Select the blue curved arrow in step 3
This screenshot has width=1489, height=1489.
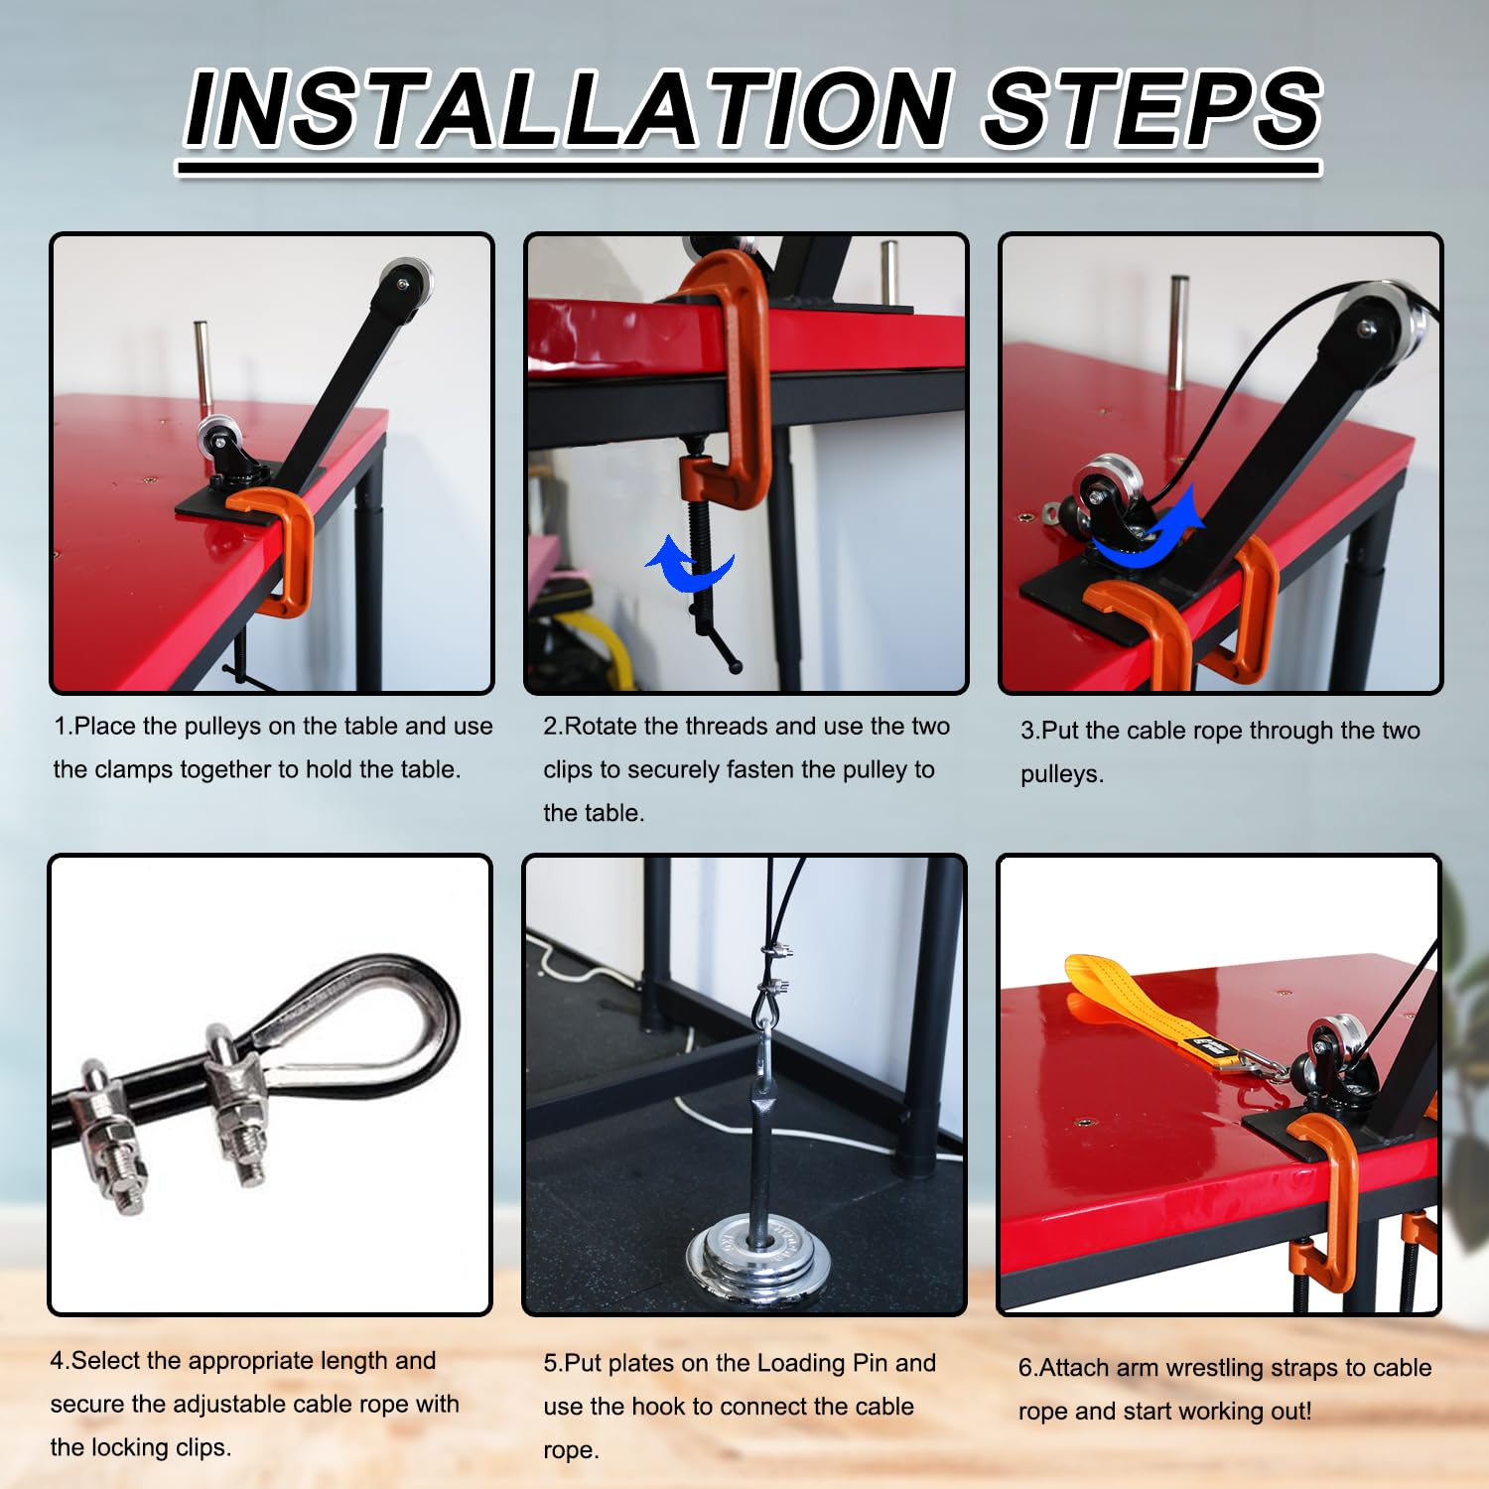pyautogui.click(x=1151, y=534)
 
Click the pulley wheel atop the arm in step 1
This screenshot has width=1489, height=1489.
pyautogui.click(x=403, y=281)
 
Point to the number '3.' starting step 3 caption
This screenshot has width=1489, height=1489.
pyautogui.click(x=1030, y=731)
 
